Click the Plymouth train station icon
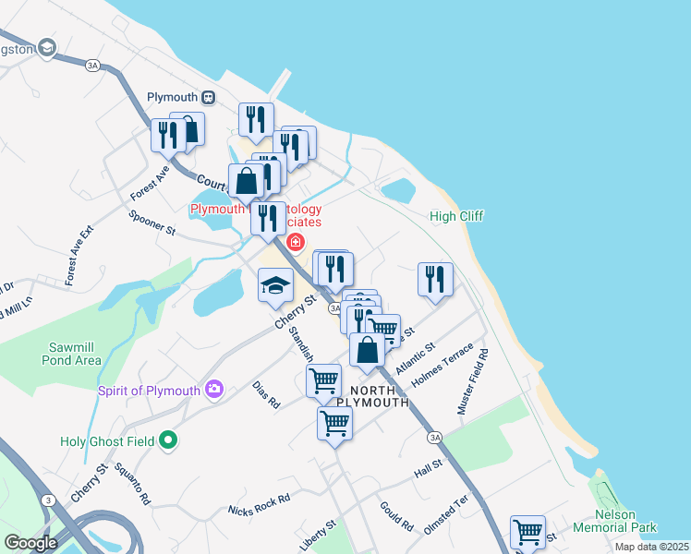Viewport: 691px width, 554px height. pyautogui.click(x=209, y=97)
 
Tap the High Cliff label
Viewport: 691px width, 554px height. pyautogui.click(x=456, y=217)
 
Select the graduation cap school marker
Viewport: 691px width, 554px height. pyautogui.click(x=274, y=284)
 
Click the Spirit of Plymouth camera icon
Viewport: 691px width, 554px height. pyautogui.click(x=215, y=390)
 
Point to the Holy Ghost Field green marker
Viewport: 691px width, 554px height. pyautogui.click(x=167, y=441)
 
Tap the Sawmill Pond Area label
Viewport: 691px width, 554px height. pyautogui.click(x=75, y=354)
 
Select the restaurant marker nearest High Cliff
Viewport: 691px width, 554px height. pyautogui.click(x=435, y=279)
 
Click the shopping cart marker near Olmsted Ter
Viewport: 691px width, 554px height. pyautogui.click(x=527, y=531)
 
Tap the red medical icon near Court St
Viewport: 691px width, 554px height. pyautogui.click(x=296, y=243)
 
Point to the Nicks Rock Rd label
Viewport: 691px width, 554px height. pyautogui.click(x=259, y=504)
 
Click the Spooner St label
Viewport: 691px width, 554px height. pyautogui.click(x=152, y=223)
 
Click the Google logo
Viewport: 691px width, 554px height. pyautogui.click(x=30, y=543)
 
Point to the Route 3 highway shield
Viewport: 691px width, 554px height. pyautogui.click(x=48, y=500)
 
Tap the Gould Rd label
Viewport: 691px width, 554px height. pyautogui.click(x=395, y=516)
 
